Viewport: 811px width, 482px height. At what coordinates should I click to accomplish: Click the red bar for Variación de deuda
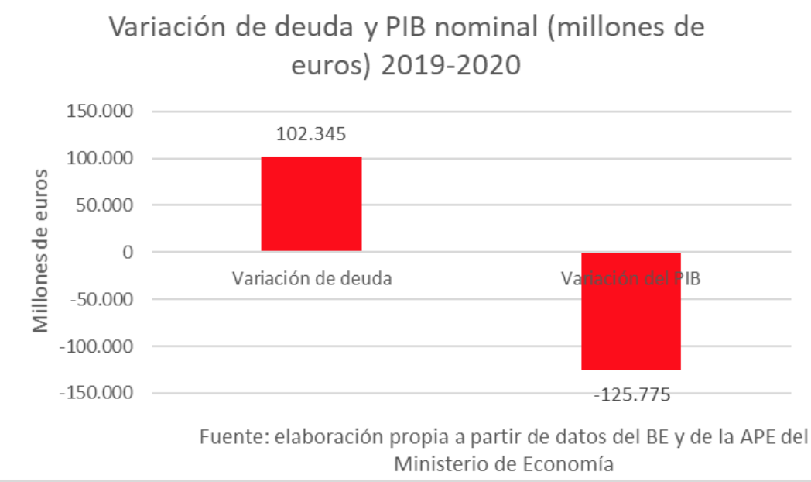point(311,204)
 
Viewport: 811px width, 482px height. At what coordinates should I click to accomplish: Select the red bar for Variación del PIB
point(631,312)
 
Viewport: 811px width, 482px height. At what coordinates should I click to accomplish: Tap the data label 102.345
point(311,134)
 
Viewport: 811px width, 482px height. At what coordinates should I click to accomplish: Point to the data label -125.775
point(631,395)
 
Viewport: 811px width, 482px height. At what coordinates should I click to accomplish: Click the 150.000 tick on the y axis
point(101,112)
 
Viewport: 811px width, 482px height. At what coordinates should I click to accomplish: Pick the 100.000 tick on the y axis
point(101,159)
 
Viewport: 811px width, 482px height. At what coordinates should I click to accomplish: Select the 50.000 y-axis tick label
point(105,205)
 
